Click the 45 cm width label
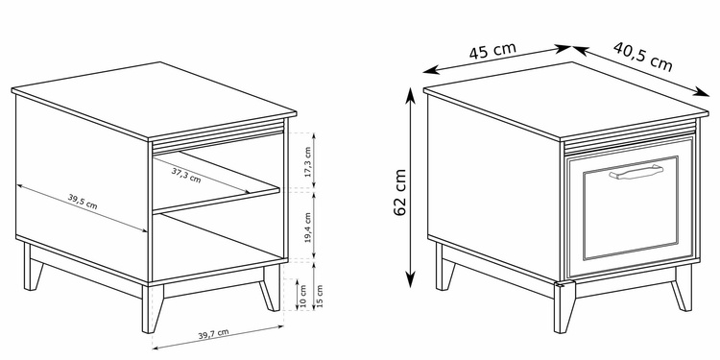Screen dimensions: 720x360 click(492, 51)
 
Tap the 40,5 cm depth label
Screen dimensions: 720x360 click(643, 57)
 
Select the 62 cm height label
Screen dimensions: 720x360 click(400, 192)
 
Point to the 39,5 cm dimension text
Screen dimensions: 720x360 click(83, 202)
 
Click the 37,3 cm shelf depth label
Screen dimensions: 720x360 click(186, 175)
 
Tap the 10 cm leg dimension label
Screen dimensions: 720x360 click(303, 297)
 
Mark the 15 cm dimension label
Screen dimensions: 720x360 click(320, 297)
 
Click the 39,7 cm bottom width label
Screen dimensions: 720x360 click(213, 334)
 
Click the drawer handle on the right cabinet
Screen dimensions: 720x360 click(636, 172)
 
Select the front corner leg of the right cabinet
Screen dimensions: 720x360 click(564, 307)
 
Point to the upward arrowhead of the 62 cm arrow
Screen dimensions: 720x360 click(411, 94)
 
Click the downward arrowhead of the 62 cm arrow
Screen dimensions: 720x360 click(411, 280)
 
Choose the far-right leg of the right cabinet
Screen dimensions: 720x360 click(682, 288)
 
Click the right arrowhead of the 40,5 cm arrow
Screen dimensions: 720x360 click(701, 92)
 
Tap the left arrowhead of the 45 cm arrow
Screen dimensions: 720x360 click(431, 71)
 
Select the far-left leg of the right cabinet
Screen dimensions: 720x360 click(444, 268)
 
